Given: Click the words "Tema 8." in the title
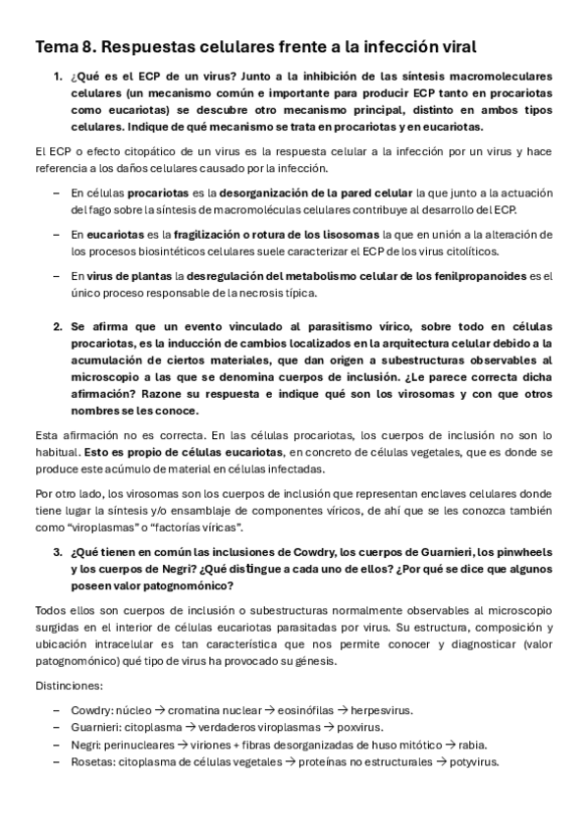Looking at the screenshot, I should point(66,46).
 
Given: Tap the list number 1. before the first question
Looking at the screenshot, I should point(57,76).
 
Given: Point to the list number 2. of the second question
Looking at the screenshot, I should point(57,324).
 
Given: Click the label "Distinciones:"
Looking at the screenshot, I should point(64,685).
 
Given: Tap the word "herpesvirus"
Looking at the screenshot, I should point(380,709).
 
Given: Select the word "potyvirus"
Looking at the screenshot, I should point(471,762).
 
